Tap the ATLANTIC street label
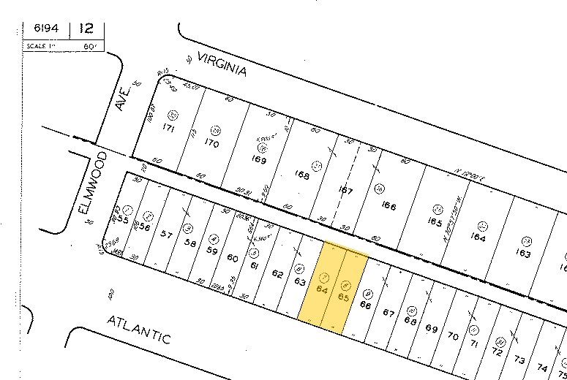pos(139,330)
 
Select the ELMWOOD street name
pos(93,183)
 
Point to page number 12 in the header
pos(86,28)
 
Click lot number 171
pos(168,127)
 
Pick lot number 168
pos(301,175)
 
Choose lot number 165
pos(435,221)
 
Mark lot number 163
pos(522,254)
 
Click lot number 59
pos(212,251)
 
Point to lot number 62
pos(277,274)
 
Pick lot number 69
pos(432,329)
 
